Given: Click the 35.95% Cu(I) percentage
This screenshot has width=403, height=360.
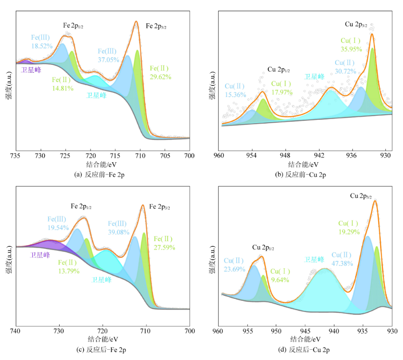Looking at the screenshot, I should point(351,48).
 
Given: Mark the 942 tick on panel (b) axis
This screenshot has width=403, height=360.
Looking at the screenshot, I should point(319,156).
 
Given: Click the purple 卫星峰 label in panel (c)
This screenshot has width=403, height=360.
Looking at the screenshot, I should point(40,255).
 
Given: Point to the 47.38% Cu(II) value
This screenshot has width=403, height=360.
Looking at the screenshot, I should point(342,263).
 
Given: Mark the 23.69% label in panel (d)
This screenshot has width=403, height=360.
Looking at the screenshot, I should point(235,269).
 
